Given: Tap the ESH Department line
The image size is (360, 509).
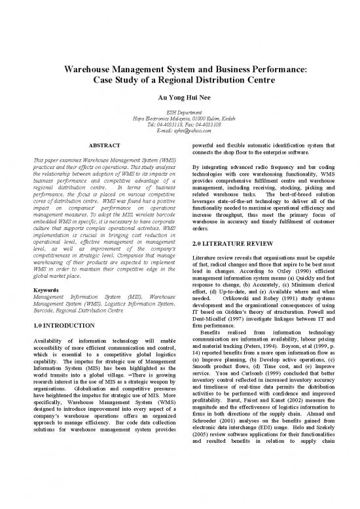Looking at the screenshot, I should click(179, 113).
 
